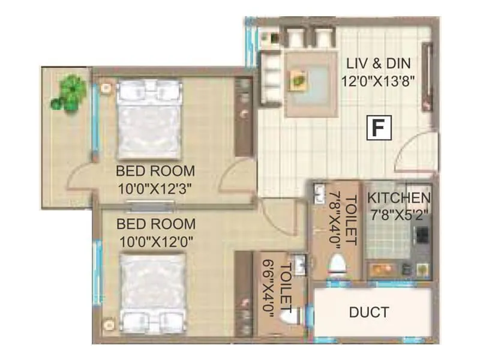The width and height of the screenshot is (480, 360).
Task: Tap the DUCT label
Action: click(x=369, y=312)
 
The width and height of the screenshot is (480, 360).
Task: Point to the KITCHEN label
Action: click(x=399, y=197)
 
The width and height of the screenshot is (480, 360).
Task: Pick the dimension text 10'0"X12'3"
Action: click(x=156, y=188)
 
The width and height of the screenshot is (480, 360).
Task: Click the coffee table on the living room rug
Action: click(x=298, y=78)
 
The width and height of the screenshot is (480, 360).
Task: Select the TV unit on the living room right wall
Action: click(x=428, y=77)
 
